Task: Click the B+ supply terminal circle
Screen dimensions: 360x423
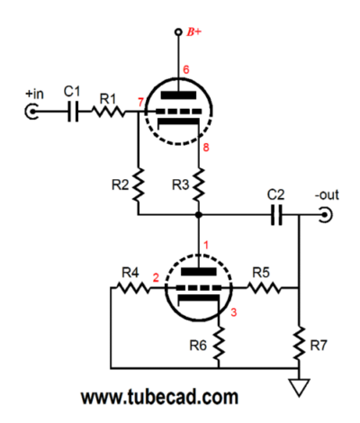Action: (178, 31)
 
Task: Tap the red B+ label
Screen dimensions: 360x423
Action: (193, 31)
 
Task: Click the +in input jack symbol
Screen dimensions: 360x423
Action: (31, 112)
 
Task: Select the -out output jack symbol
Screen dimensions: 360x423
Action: (326, 215)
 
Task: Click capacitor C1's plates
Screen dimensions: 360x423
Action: (73, 112)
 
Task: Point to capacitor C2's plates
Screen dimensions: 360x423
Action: (276, 215)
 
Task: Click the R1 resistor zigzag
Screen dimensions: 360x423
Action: (108, 112)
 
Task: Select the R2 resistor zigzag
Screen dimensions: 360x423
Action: (139, 185)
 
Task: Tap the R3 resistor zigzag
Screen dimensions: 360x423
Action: (198, 184)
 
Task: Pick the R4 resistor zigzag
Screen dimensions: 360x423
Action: (132, 288)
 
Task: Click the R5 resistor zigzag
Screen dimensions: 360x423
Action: (264, 288)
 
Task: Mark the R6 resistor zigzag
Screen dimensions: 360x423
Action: (219, 344)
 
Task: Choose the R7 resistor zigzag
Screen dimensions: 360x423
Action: (299, 344)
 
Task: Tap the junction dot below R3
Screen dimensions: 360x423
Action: (198, 215)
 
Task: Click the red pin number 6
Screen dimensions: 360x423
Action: (186, 69)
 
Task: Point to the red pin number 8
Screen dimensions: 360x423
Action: (206, 148)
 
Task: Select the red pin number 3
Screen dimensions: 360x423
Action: (234, 312)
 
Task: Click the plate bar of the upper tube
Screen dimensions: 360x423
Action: (178, 95)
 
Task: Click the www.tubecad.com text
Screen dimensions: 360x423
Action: (159, 397)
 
